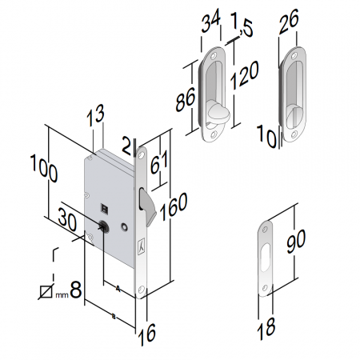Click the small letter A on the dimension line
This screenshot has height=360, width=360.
point(117,286)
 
